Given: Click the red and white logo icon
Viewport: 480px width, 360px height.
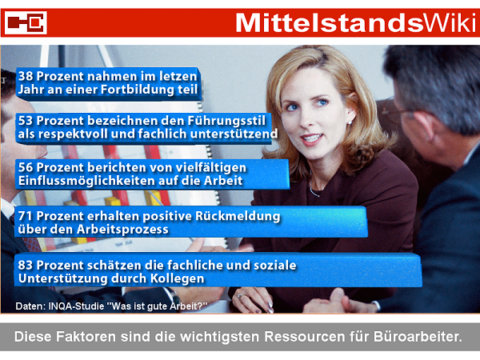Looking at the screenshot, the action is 26,22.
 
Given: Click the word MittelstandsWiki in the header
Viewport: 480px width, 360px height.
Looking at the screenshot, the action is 356,23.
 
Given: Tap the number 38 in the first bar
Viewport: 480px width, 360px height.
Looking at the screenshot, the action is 26,76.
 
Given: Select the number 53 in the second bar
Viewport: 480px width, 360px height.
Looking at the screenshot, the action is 26,121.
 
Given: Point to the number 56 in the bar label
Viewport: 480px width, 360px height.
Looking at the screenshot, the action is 26,167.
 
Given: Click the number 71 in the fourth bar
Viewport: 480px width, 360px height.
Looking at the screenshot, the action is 25,216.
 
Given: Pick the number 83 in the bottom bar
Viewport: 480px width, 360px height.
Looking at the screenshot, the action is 26,265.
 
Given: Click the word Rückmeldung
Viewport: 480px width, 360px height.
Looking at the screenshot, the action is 238,216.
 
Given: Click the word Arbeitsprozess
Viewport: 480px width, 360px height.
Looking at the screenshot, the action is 122,230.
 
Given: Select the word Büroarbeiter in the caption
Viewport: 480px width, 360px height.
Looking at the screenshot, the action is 418,337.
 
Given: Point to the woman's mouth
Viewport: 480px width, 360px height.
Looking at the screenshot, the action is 312,138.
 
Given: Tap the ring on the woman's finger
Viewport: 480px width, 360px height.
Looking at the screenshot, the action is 240,296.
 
